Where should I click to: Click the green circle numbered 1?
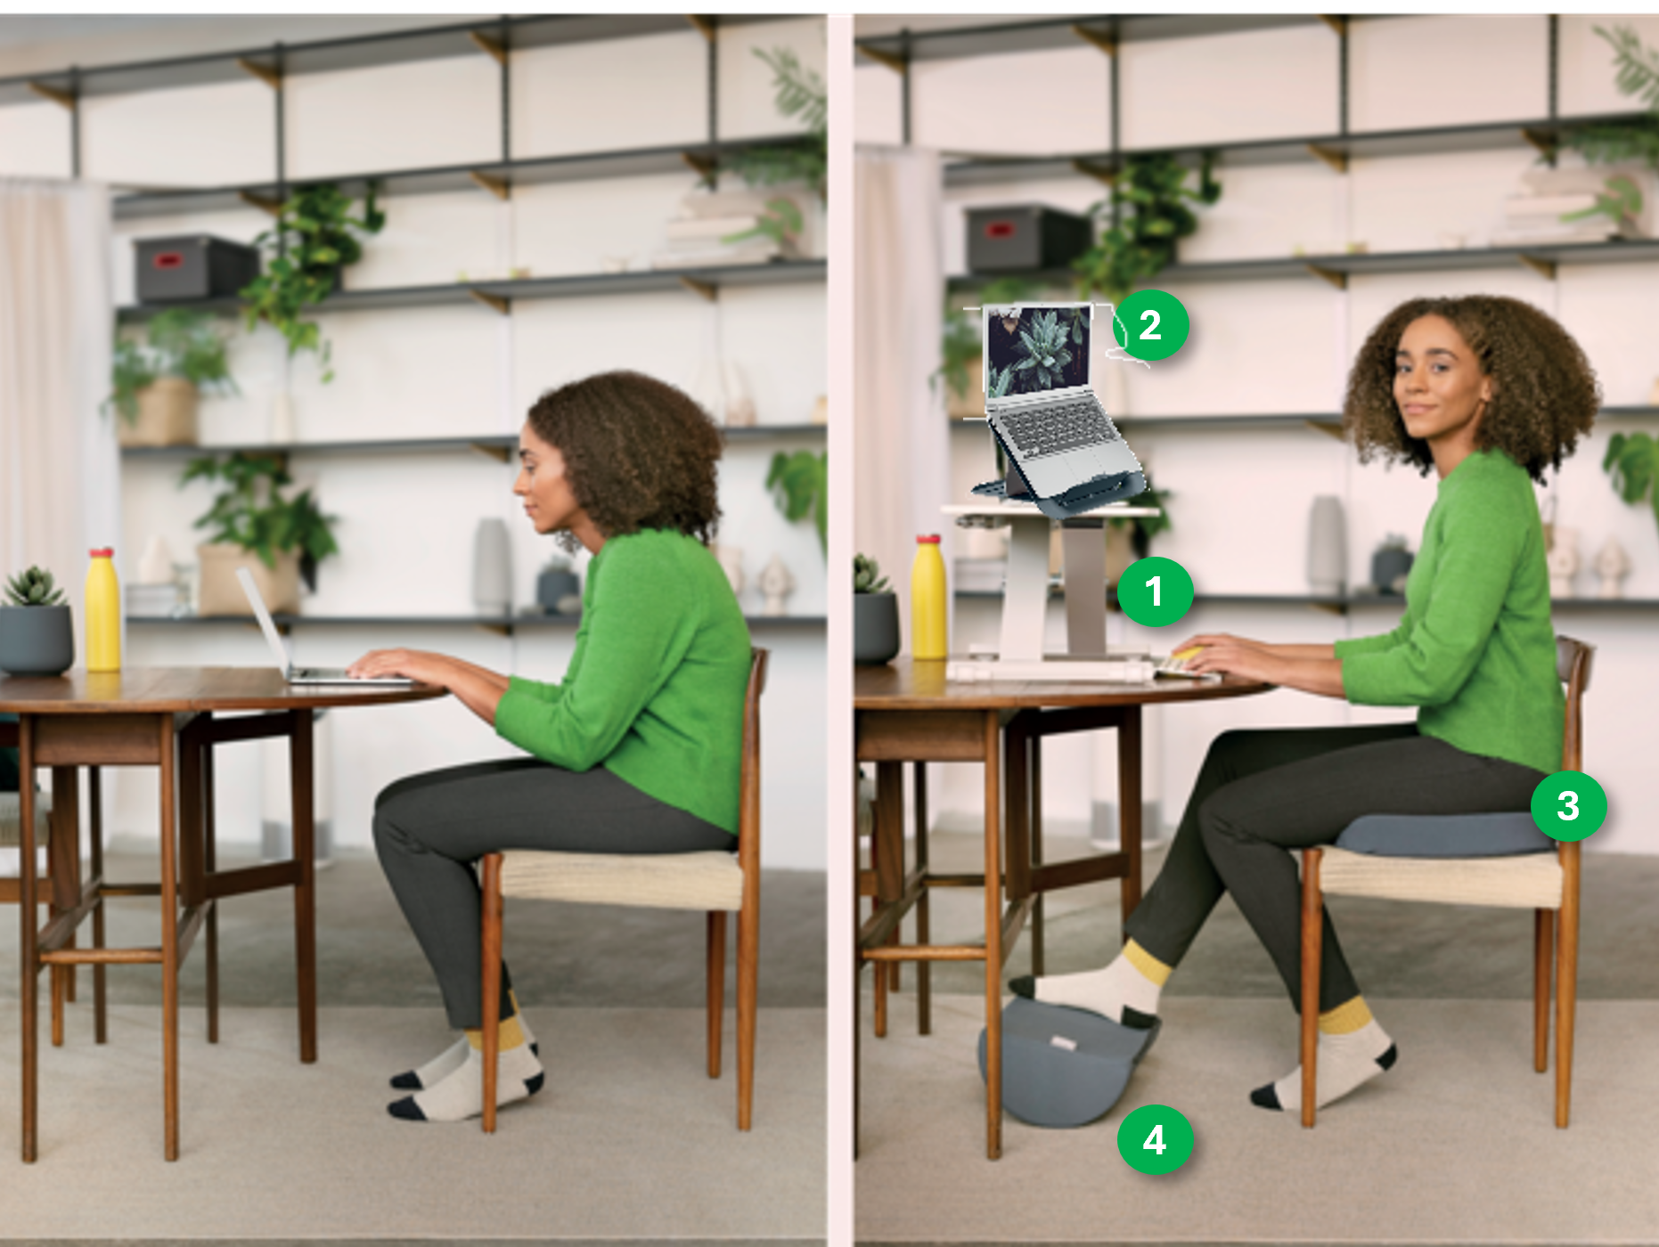pyautogui.click(x=1155, y=591)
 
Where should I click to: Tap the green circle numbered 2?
pyautogui.click(x=1150, y=325)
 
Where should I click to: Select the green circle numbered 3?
pyautogui.click(x=1568, y=805)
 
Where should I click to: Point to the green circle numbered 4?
pyautogui.click(x=1155, y=1139)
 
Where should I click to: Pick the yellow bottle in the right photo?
pyautogui.click(x=928, y=597)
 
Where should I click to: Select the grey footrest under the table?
pyautogui.click(x=1066, y=1060)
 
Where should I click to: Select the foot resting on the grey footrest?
pyautogui.click(x=1091, y=983)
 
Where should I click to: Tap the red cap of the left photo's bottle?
pyautogui.click(x=101, y=552)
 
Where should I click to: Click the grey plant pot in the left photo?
pyautogui.click(x=36, y=639)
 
